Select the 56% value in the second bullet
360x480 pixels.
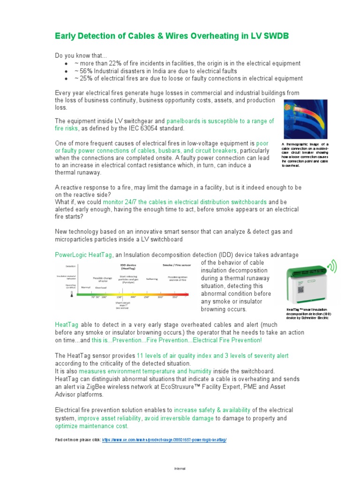85,71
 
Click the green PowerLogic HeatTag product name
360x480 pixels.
84,255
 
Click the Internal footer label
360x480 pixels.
180,468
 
